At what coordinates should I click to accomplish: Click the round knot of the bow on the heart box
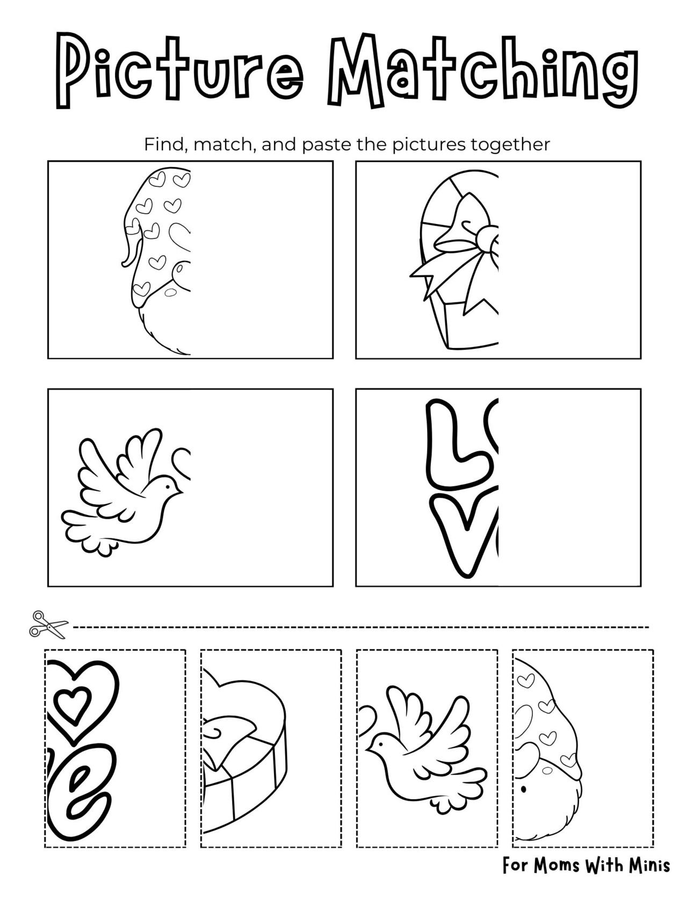tap(490, 241)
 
